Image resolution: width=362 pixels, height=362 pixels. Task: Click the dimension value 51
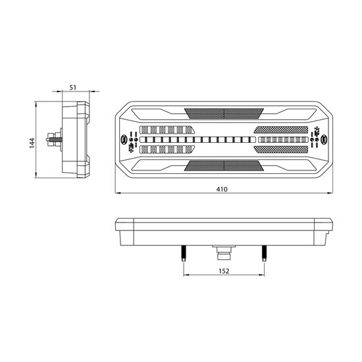point(72,88)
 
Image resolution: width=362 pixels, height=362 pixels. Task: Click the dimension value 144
point(32,143)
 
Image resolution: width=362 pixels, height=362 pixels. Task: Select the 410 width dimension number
point(222,190)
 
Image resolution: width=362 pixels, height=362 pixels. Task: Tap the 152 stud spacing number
point(224,271)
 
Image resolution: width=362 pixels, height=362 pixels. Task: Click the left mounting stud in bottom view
point(184,253)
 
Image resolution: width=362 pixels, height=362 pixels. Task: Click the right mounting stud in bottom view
point(265,253)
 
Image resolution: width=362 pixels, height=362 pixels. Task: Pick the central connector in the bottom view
point(224,252)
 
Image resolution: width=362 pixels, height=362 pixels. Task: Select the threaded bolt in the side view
point(55,140)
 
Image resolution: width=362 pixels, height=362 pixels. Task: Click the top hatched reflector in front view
point(224,113)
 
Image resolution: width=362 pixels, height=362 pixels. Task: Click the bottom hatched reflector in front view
point(224,165)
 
